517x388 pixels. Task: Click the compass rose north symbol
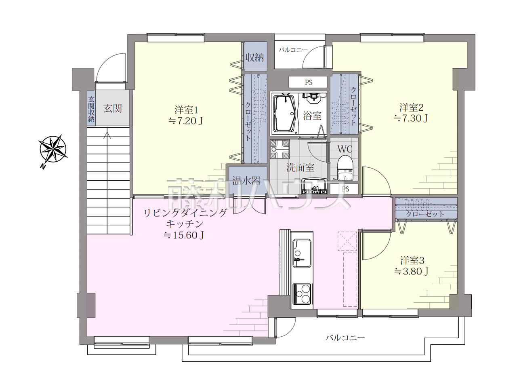click(x=53, y=150)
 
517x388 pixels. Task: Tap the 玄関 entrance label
click(x=113, y=109)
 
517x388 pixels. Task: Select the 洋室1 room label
click(x=186, y=110)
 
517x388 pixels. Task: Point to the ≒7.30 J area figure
click(x=410, y=118)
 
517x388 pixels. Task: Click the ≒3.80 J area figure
click(x=411, y=272)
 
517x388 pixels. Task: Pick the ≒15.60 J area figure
click(x=184, y=235)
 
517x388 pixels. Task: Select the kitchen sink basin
click(x=302, y=253)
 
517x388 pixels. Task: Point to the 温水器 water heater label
click(x=246, y=181)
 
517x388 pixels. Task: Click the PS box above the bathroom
click(x=308, y=82)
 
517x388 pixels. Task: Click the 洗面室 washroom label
click(x=300, y=168)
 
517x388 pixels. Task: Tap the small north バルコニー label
click(x=293, y=50)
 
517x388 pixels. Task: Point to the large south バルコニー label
click(x=345, y=338)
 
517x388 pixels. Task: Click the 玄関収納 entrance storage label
click(x=91, y=109)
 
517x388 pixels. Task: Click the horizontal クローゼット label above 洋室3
click(x=425, y=214)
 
